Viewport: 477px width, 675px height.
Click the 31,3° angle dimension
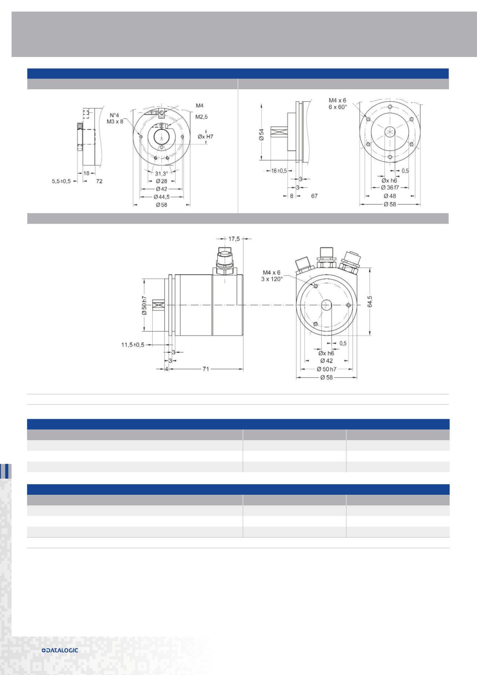coord(161,174)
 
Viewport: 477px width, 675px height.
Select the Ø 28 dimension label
coord(161,181)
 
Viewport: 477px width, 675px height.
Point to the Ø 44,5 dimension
coord(162,197)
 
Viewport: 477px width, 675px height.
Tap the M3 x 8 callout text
coord(115,121)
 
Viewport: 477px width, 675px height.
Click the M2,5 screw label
coord(201,117)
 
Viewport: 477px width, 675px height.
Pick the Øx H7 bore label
coord(205,137)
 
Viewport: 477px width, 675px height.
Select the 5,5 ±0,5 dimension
coord(61,181)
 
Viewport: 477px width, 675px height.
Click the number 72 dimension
coord(99,181)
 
